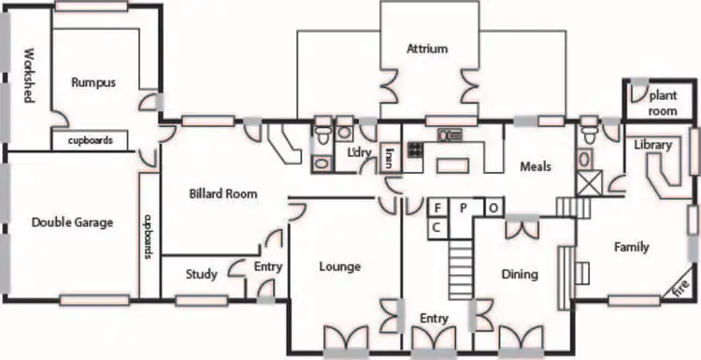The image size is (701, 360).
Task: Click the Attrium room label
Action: [x=427, y=49]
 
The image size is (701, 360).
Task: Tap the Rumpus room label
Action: [x=93, y=82]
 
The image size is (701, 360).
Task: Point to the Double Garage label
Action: [x=72, y=223]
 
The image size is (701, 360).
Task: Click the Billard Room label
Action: [x=223, y=194]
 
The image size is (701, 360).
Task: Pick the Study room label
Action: [x=201, y=275]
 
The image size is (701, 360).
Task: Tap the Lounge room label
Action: [x=339, y=267]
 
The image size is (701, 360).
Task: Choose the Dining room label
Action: [x=519, y=275]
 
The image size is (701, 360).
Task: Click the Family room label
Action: [x=631, y=248]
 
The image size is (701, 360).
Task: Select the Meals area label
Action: [x=536, y=167]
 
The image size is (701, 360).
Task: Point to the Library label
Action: [x=652, y=145]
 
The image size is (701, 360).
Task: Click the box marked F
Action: [x=436, y=208]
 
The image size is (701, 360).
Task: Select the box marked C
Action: [x=436, y=226]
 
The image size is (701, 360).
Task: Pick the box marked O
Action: [x=493, y=208]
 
